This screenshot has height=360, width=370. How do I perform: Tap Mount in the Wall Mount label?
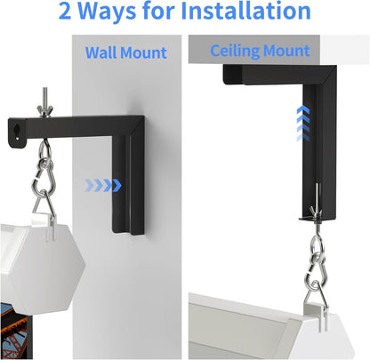tap(144, 52)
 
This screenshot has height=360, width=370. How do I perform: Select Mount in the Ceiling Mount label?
tap(286, 50)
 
